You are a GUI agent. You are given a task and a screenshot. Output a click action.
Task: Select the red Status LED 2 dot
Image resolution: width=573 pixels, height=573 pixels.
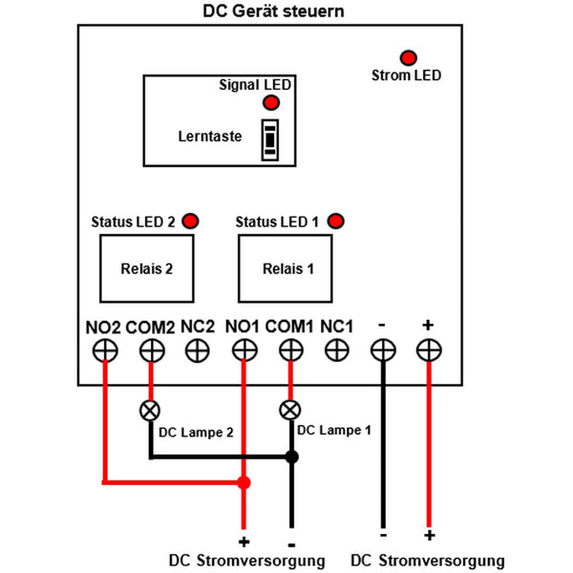coord(190,222)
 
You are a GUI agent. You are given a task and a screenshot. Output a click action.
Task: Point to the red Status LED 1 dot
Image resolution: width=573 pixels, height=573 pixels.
coord(334,222)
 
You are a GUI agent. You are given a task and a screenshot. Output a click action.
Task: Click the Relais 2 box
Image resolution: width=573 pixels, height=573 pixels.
coord(146,268)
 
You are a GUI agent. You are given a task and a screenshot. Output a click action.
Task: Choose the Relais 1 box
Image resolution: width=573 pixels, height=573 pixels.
coord(287,268)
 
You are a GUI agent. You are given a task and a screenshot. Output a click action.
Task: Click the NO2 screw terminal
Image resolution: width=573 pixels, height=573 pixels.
coord(104,351)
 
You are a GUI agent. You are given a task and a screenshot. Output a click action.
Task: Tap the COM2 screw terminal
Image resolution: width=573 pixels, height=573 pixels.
coord(150,351)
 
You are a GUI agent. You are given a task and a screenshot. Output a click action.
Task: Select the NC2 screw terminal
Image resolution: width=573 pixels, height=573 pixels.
coord(197,351)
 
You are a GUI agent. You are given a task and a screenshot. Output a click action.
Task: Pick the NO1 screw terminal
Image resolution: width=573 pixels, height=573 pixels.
coord(244,351)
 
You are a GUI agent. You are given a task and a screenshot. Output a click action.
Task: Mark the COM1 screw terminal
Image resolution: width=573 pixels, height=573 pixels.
coord(289,351)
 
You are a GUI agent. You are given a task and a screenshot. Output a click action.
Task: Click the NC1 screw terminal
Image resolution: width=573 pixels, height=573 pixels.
coord(336,351)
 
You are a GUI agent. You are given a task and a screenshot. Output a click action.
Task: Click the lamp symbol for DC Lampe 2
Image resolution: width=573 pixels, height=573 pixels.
coord(150,412)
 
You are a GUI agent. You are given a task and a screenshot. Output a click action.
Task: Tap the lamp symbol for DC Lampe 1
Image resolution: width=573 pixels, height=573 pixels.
coord(289,412)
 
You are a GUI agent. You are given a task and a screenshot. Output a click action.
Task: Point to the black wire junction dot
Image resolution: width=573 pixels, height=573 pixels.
coord(290,456)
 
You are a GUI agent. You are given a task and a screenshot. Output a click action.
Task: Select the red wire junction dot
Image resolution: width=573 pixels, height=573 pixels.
coord(244,482)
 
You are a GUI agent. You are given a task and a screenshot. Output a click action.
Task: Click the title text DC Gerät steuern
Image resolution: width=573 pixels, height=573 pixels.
coord(274,12)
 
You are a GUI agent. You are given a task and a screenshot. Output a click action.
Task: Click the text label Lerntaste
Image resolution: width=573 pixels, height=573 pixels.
coord(209,137)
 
